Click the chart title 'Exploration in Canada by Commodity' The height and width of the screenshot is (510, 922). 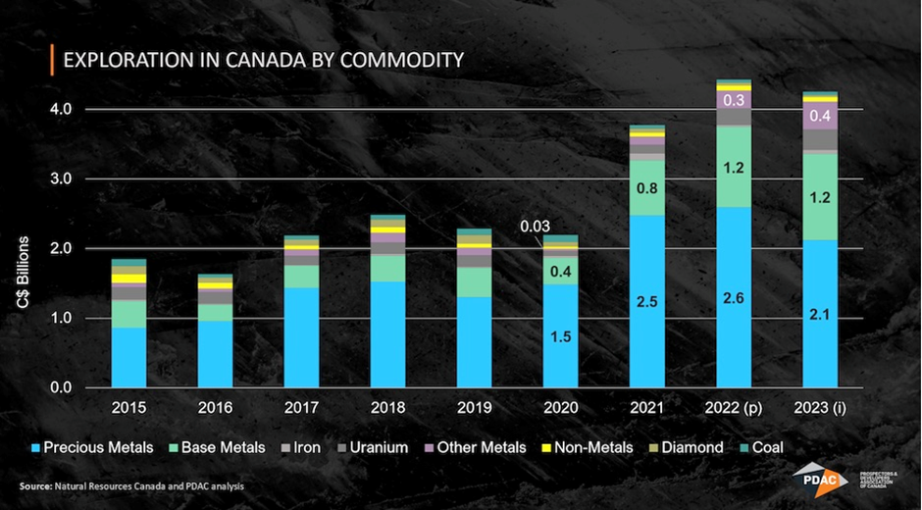[x=263, y=61]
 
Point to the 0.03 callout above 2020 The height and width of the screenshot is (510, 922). [x=535, y=228]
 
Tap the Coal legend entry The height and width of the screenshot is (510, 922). [x=760, y=447]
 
